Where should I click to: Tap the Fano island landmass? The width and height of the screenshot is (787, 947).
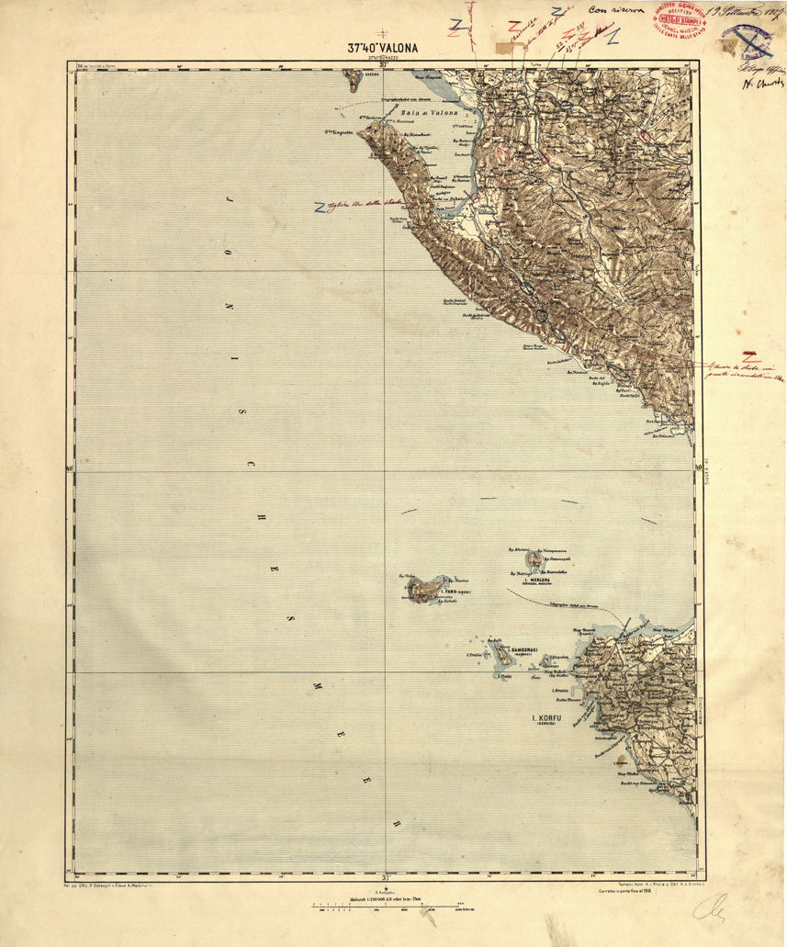425,589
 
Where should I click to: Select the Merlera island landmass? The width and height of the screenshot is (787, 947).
534,559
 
